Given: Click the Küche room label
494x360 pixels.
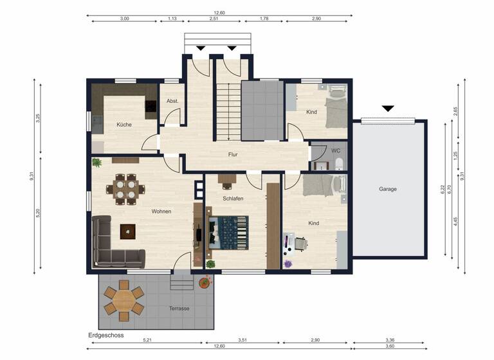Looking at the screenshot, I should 124,125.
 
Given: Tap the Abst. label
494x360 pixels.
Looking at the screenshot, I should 172,102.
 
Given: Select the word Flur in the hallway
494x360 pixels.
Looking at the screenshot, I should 233,154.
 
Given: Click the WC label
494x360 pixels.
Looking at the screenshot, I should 335,150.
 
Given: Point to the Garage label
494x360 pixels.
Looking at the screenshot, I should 387,189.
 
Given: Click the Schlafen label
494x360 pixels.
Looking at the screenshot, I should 233,199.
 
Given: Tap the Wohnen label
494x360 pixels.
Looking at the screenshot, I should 161,211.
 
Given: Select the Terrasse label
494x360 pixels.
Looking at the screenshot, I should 179,309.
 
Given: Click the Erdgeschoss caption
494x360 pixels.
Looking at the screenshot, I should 106,336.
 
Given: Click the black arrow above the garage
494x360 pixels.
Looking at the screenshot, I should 387,109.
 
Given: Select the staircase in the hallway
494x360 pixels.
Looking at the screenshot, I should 227,109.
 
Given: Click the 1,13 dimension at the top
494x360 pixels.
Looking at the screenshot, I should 172,19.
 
